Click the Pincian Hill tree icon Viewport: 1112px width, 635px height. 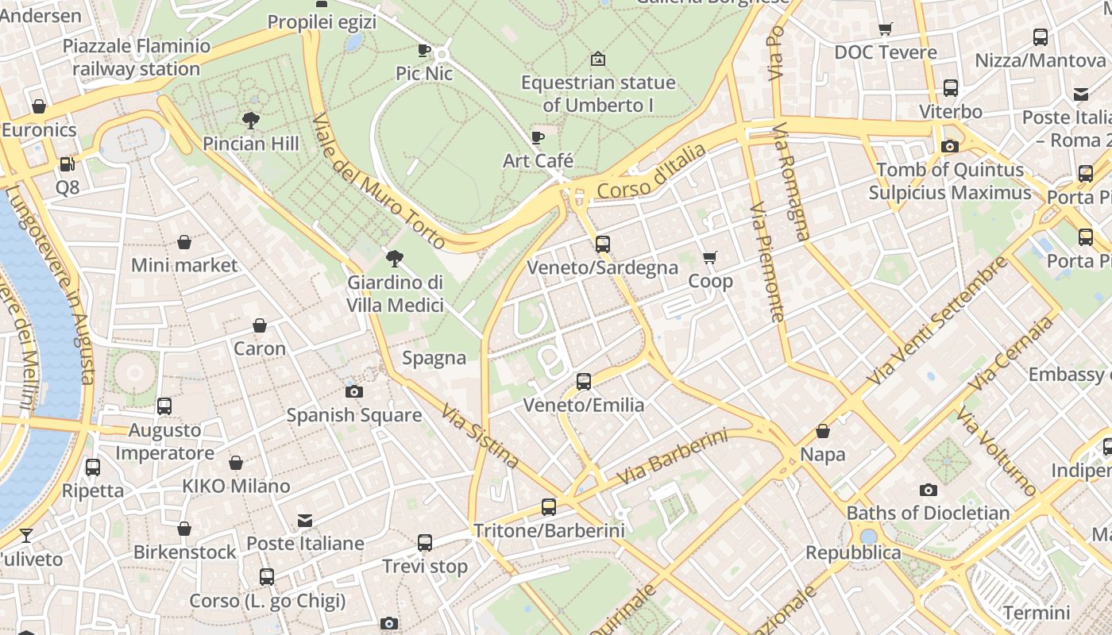[x=251, y=121]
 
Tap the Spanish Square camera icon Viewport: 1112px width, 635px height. [x=354, y=391]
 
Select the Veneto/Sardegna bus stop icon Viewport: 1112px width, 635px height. [x=603, y=244]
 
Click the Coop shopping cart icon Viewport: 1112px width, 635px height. [x=710, y=257]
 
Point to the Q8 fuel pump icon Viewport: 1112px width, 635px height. [x=68, y=164]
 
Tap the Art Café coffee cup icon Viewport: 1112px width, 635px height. [x=538, y=137]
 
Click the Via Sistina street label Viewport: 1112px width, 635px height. [x=481, y=437]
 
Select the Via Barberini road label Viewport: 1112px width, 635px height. [x=672, y=458]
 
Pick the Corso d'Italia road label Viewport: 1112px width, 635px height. [x=651, y=171]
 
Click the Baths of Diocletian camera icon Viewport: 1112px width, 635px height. [x=928, y=490]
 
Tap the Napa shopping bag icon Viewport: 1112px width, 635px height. [x=823, y=431]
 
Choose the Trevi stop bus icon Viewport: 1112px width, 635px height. [x=425, y=543]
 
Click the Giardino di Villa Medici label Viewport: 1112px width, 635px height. [x=395, y=294]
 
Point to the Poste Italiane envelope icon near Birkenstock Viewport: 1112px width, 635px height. [x=305, y=521]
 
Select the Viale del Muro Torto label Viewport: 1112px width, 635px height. [x=378, y=181]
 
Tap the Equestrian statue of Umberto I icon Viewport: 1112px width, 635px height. [x=598, y=59]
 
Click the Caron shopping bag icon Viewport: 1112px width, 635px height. [x=260, y=325]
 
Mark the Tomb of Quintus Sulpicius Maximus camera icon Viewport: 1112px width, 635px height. [x=949, y=146]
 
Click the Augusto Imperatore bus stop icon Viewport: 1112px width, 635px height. [x=164, y=406]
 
